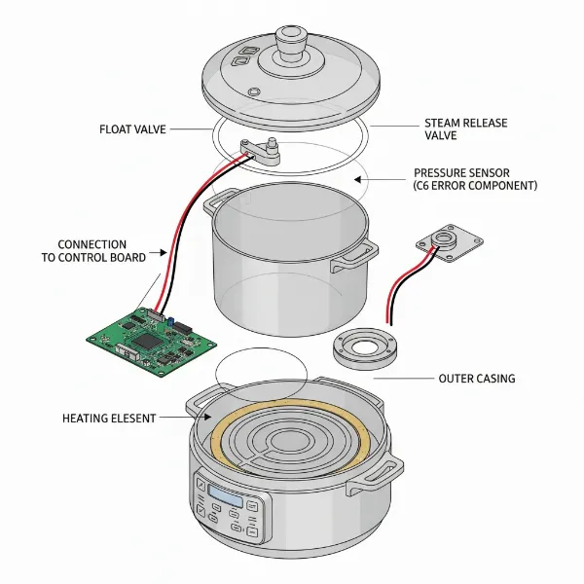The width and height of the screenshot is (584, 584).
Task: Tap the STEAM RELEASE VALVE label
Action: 466,129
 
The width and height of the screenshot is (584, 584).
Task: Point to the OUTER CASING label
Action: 477,378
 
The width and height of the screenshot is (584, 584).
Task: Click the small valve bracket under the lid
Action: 262,151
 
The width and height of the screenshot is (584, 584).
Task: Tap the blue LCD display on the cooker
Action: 226,497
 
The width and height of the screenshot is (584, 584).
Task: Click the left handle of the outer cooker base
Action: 195,401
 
